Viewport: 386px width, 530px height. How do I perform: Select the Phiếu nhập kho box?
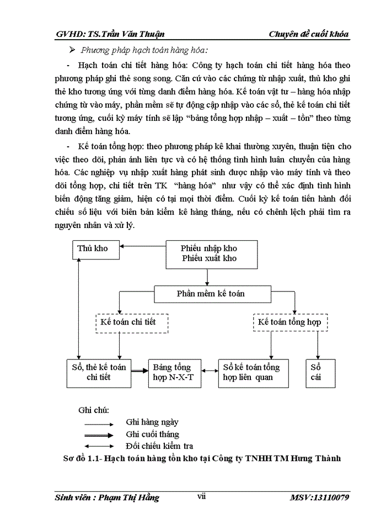pyautogui.click(x=209, y=253)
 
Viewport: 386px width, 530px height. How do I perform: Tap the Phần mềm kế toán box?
pyautogui.click(x=211, y=294)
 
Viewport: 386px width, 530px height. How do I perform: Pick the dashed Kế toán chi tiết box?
pyautogui.click(x=132, y=322)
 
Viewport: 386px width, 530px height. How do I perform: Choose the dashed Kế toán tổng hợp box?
pyautogui.click(x=289, y=322)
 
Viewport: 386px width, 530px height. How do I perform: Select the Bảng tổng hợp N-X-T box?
pyautogui.click(x=171, y=372)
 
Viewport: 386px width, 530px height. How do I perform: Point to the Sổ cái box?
pyautogui.click(x=317, y=372)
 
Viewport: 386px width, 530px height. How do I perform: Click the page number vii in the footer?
pyautogui.click(x=201, y=496)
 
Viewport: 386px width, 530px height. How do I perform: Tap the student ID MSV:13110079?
pyautogui.click(x=319, y=497)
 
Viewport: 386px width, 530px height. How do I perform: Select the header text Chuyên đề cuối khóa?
pyautogui.click(x=309, y=34)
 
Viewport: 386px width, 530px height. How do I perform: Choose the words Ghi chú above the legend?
pyautogui.click(x=94, y=410)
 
